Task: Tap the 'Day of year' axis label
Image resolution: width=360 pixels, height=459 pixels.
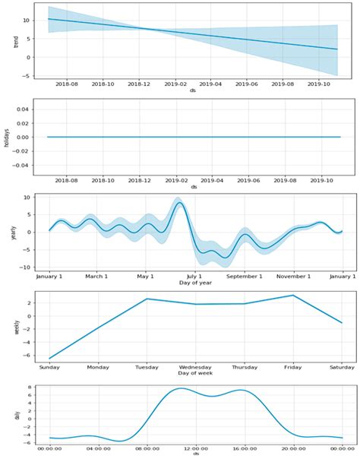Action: (x=194, y=283)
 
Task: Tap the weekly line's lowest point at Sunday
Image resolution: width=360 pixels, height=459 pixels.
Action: (x=49, y=358)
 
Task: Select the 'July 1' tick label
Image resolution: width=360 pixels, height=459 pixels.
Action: (x=195, y=276)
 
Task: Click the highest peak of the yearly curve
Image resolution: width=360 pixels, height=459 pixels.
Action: (x=179, y=203)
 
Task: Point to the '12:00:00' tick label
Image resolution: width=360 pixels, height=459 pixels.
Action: (x=195, y=448)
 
